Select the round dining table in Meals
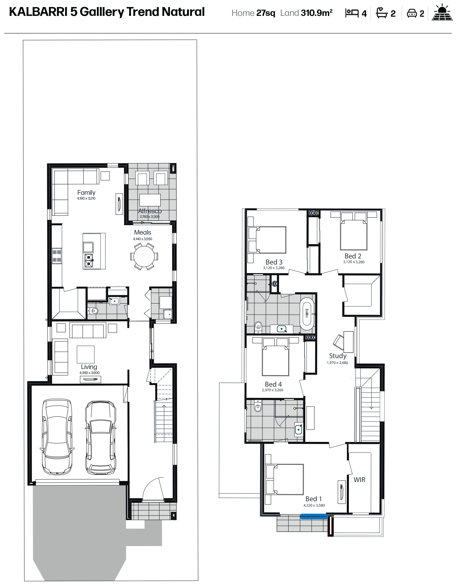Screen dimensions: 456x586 click(144, 256)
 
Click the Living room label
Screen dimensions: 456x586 click(89, 367)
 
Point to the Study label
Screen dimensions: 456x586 click(338, 356)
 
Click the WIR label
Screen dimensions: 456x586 click(359, 480)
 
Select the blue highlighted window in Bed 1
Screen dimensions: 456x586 click(314, 516)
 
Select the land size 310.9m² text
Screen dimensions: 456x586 click(317, 13)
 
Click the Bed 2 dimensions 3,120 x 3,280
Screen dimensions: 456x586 click(354, 262)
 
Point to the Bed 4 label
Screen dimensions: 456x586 click(273, 384)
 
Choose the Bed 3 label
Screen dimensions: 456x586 click(274, 262)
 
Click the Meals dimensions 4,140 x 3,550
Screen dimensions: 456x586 click(142, 239)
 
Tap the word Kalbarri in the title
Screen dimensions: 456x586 click(38, 12)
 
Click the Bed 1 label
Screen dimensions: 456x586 click(313, 499)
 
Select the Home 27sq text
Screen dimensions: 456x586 click(253, 13)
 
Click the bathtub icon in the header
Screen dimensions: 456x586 click(382, 13)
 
